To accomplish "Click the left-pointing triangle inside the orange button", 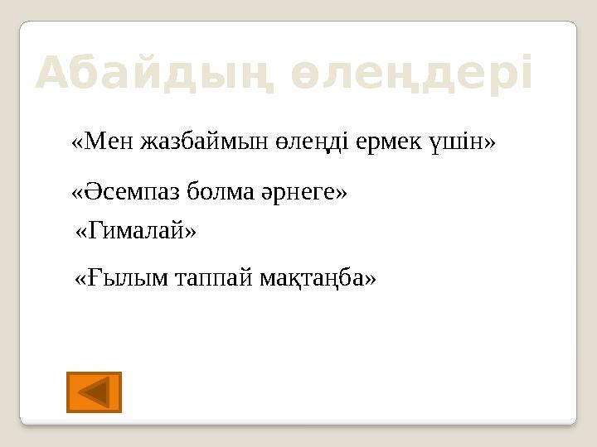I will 95,392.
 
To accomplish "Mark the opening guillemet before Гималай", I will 81,232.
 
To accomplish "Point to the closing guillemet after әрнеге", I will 342,192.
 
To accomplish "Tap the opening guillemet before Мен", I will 78,142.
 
